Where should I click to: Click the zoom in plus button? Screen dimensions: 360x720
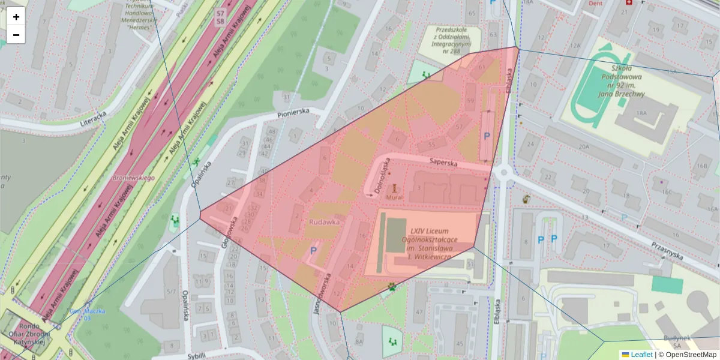[16, 17]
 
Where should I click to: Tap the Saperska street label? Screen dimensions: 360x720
[443, 162]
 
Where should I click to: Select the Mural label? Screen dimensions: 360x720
[394, 196]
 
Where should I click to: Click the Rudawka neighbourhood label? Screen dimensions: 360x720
[325, 221]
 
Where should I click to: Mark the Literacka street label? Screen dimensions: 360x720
[88, 119]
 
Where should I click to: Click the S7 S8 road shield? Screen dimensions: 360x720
[221, 17]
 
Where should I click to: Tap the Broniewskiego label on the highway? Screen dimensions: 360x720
[134, 178]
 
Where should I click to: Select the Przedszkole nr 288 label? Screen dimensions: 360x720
[452, 40]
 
